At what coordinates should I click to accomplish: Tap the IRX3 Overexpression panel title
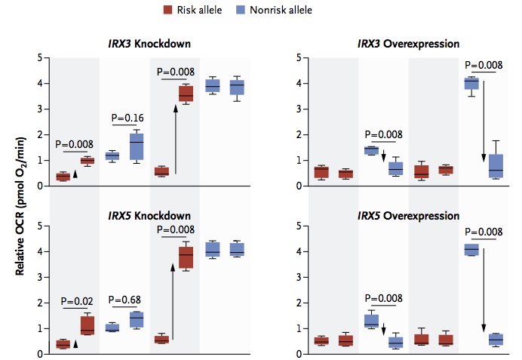[x=408, y=44]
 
